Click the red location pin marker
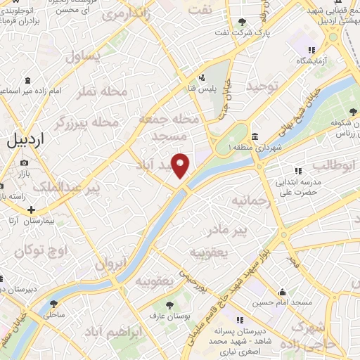(x=181, y=165)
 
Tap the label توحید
(x=262, y=86)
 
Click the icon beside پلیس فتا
(x=202, y=77)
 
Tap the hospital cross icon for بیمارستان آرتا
(x=32, y=210)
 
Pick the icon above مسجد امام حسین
(x=283, y=292)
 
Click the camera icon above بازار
(x=24, y=163)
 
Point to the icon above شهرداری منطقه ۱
(x=253, y=136)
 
